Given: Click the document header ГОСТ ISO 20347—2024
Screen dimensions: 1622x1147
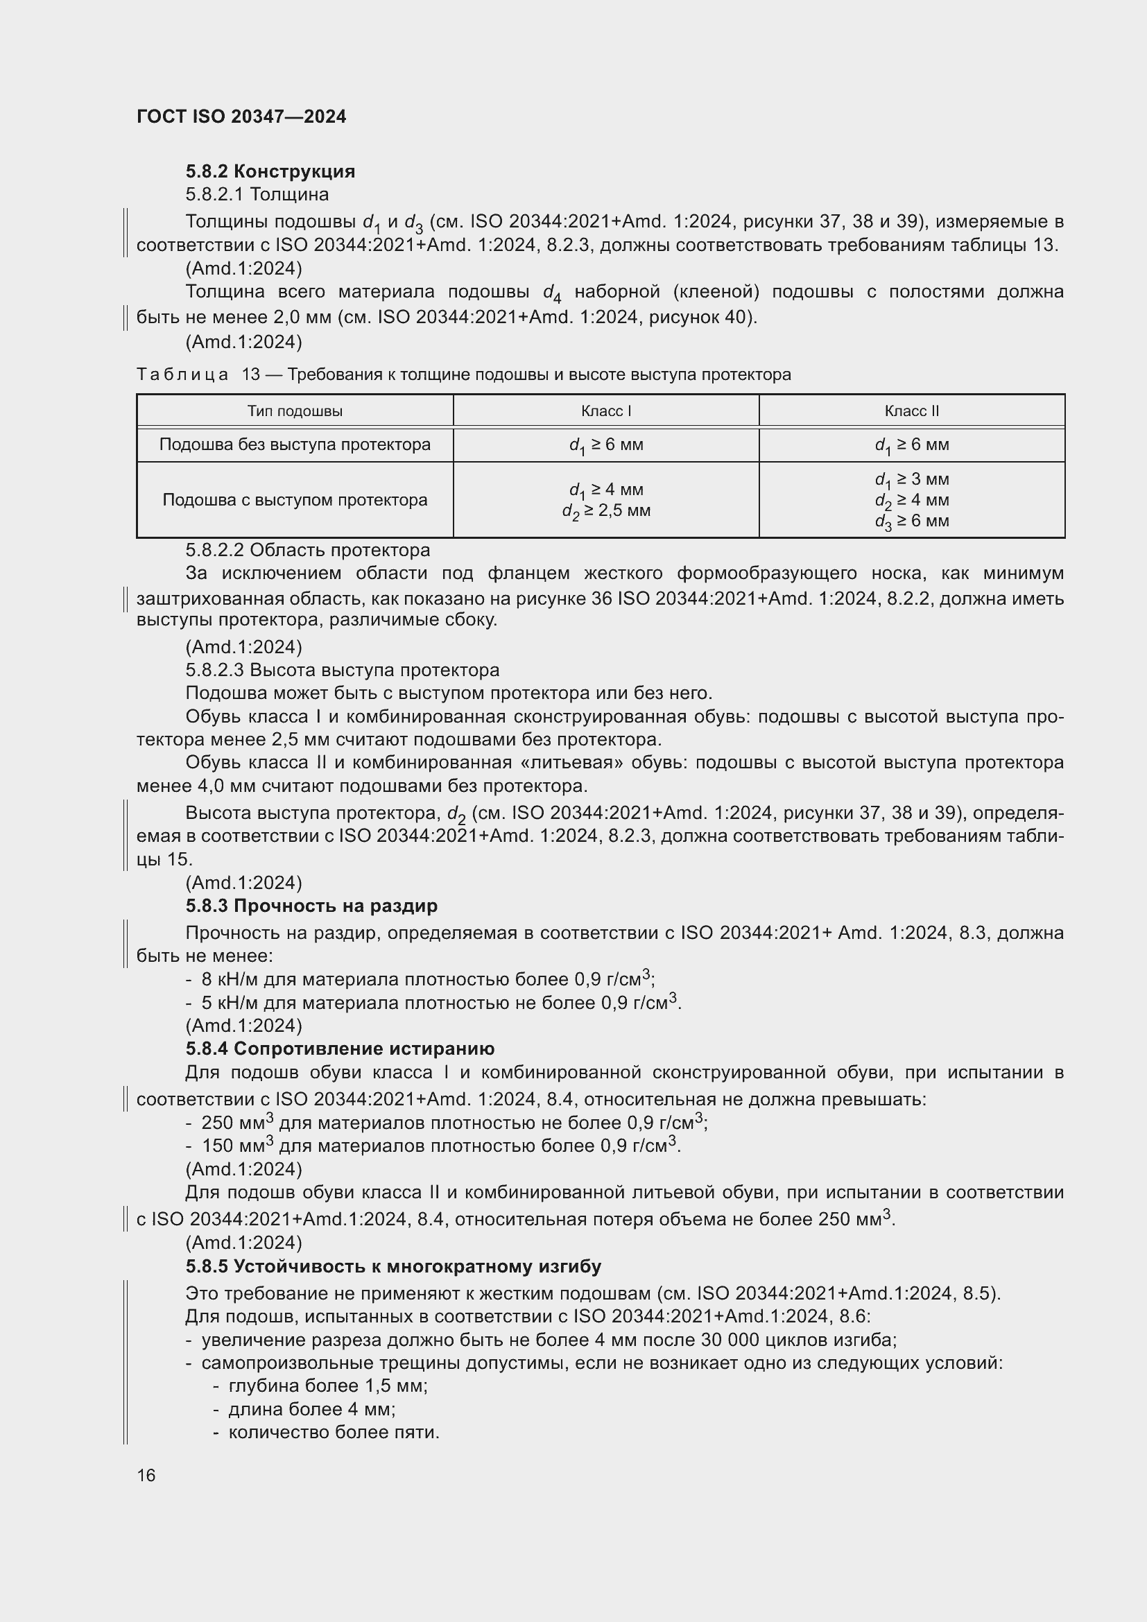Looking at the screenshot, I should [241, 117].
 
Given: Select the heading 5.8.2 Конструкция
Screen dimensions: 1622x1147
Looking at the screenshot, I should [270, 171].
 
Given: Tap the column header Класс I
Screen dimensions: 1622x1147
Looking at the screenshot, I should [605, 411].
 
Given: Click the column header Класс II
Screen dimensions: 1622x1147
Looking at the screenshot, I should [911, 411].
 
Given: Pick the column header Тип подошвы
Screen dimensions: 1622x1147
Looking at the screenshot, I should [295, 411].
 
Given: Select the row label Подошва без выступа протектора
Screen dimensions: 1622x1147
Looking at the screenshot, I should [295, 445].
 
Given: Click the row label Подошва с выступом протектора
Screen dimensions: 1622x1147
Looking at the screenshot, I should [295, 500].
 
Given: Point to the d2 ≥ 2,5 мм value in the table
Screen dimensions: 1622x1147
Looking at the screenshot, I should [606, 511].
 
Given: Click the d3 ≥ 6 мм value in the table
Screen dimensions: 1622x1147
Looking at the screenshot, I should [911, 521].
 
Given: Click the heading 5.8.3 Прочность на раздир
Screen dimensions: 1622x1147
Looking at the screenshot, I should [311, 906].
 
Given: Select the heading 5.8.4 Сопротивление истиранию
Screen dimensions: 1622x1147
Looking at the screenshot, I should [339, 1049].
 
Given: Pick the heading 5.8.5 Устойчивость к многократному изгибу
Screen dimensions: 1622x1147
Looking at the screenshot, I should [393, 1266].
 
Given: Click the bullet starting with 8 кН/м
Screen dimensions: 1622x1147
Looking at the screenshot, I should [427, 979].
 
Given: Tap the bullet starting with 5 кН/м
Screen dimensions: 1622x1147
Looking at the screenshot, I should [441, 1003].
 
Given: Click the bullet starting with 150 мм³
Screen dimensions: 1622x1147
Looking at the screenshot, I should [441, 1146].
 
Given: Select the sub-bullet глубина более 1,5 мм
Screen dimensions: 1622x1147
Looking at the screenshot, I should [328, 1386].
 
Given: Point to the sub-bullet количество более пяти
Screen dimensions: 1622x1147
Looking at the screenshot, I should [334, 1432].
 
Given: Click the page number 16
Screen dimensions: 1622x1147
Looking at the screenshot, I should [146, 1476].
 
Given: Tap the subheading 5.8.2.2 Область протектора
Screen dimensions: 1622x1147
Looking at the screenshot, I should [307, 550].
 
